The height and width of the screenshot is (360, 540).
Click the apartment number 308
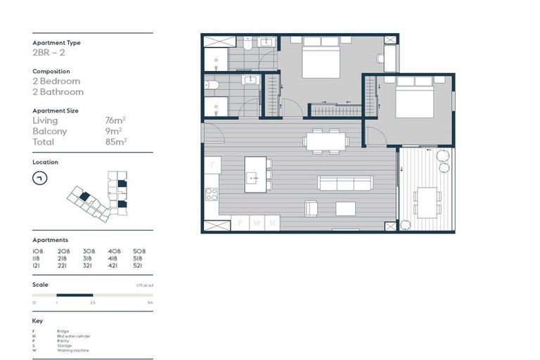coord(89,251)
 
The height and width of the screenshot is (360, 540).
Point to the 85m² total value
coord(115,142)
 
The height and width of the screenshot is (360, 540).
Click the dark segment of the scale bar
coord(75,295)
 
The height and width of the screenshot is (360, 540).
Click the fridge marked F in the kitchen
coord(212,165)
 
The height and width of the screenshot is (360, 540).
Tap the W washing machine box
coord(257,224)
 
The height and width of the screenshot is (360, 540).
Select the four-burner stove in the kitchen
coord(212,195)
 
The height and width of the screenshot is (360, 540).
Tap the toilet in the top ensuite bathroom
coord(248,44)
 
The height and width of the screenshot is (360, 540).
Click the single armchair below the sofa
coord(311,208)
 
